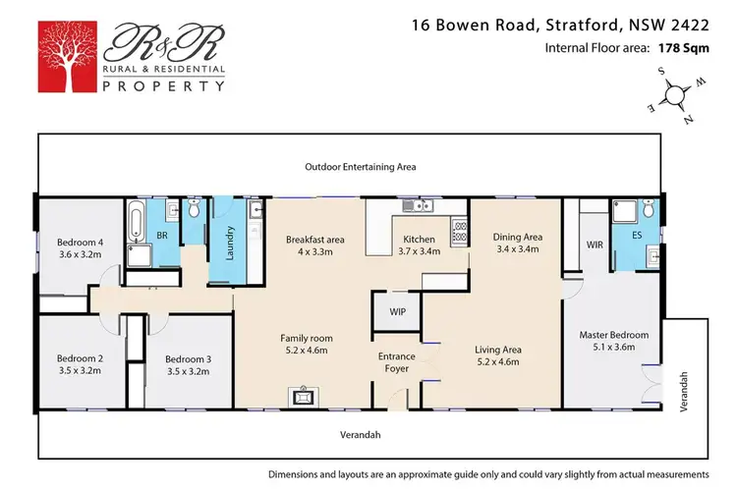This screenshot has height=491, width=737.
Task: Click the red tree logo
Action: pos(69,55)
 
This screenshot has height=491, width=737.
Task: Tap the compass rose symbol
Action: pos(674,96)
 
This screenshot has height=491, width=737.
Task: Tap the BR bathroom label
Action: pos(163,237)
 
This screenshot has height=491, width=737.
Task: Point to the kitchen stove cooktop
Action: pos(459,232)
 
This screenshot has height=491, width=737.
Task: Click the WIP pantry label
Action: pos(397,312)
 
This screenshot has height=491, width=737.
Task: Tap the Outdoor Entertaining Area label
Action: pos(360,167)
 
